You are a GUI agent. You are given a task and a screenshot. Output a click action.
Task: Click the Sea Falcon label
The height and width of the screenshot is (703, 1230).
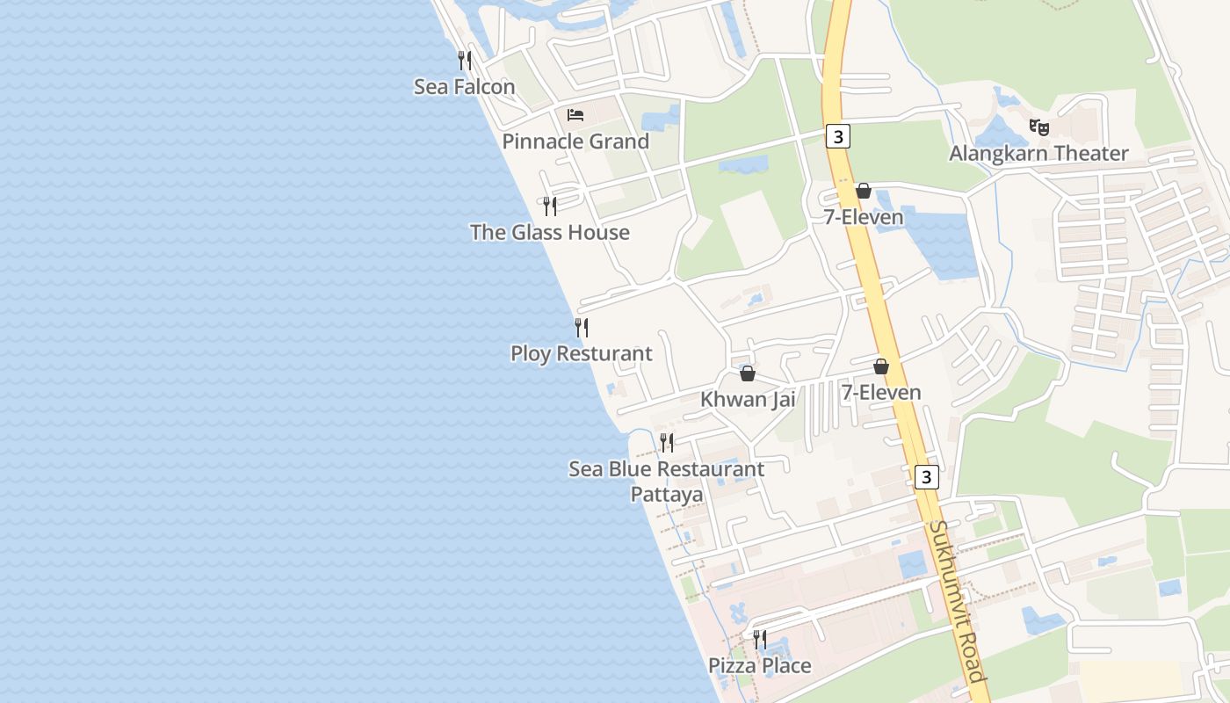point(464,86)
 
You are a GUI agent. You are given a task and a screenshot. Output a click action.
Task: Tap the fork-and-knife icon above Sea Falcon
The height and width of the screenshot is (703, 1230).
point(465,60)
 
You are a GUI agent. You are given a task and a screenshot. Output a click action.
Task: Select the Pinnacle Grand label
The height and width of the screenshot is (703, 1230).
point(575,141)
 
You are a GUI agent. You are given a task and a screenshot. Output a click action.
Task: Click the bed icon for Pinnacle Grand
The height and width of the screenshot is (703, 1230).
point(575,115)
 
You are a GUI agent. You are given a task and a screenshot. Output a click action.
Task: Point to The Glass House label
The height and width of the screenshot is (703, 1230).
point(549,232)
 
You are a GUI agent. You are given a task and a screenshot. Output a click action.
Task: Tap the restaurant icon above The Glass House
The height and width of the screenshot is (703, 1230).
point(550,206)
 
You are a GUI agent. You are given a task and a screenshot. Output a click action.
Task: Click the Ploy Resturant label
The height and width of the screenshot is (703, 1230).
point(581,353)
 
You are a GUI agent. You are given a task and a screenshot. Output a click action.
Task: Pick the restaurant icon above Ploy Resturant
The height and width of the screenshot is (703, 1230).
point(582,328)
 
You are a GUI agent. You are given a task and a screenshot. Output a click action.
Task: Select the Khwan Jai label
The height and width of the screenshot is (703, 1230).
point(748,399)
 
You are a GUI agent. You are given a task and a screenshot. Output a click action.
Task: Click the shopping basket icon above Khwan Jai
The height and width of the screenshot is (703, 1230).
point(748,373)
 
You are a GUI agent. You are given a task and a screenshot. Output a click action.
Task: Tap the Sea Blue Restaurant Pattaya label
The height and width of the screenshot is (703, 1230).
point(667,481)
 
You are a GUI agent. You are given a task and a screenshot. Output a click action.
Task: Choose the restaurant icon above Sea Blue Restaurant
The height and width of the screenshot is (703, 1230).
point(667,442)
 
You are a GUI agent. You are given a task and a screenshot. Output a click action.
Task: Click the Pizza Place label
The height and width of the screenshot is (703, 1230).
point(760,665)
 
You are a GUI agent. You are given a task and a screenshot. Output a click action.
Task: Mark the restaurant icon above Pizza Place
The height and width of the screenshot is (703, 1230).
point(760,639)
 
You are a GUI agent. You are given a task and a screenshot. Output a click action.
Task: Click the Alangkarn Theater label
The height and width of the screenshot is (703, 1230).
point(1038,153)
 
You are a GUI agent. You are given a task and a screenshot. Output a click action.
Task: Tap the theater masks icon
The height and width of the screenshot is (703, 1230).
point(1039,127)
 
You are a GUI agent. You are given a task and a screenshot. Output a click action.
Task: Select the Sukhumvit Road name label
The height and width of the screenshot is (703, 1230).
point(957,601)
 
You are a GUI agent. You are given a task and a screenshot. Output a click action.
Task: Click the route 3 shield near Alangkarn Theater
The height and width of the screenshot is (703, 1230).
point(839,136)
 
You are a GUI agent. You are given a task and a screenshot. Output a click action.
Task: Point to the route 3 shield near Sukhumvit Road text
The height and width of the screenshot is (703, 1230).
point(926,477)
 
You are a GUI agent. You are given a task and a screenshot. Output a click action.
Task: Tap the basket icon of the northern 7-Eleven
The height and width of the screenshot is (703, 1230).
point(864,191)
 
